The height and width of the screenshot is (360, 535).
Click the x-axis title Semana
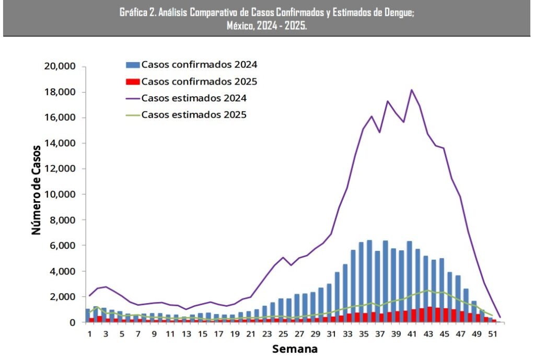click(x=294, y=348)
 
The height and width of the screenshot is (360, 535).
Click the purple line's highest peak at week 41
click(x=412, y=90)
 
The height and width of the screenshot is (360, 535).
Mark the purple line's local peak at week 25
click(x=283, y=257)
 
